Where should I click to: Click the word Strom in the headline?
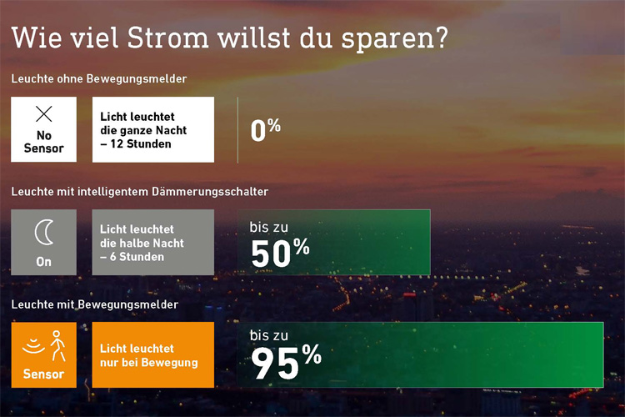(x=167, y=38)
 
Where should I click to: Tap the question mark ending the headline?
(x=441, y=38)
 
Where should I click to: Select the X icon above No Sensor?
(x=44, y=113)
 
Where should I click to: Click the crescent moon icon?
(x=44, y=233)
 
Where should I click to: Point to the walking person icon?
(x=57, y=345)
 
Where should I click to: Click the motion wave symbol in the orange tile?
(x=33, y=346)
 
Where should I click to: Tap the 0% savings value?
(x=266, y=130)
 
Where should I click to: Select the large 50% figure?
(x=280, y=252)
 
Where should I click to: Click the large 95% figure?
(x=286, y=362)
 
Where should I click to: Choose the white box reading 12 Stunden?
(x=153, y=130)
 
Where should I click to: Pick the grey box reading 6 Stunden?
(x=153, y=242)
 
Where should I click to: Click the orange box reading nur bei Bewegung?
(x=153, y=354)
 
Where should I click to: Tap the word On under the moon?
(x=44, y=262)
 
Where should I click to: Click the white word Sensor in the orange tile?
(x=43, y=374)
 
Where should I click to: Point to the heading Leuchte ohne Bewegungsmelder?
(x=99, y=78)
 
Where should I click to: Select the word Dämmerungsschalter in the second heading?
(x=210, y=192)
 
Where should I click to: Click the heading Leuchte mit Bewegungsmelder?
(x=94, y=304)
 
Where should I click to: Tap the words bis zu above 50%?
(x=268, y=227)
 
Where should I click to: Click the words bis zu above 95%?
(x=268, y=335)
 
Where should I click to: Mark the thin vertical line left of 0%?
(x=238, y=130)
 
